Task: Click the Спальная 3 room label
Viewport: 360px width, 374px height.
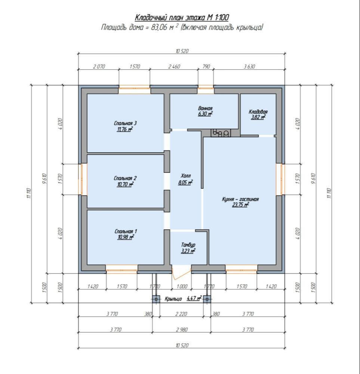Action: (x=125, y=123)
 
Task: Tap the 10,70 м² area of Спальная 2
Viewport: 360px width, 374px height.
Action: (x=125, y=184)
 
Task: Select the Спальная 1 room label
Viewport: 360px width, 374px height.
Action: (x=126, y=232)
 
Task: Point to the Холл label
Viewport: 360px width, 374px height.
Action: (x=186, y=176)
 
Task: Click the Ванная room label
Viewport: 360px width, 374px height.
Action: (x=205, y=108)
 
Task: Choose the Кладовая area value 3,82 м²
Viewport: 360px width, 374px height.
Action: (x=258, y=117)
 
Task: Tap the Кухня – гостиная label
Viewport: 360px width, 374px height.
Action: (x=240, y=199)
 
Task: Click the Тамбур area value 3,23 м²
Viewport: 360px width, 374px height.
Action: (x=188, y=251)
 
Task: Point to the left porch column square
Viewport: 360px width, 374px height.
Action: (x=156, y=299)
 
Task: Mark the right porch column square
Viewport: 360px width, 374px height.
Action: (x=207, y=299)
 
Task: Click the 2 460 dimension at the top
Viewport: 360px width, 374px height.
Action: (x=174, y=67)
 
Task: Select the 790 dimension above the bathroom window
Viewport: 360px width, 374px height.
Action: (x=206, y=67)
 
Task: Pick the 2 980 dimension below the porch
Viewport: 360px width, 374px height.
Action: (x=182, y=330)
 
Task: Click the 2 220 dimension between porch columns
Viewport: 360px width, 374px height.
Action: (x=181, y=314)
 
